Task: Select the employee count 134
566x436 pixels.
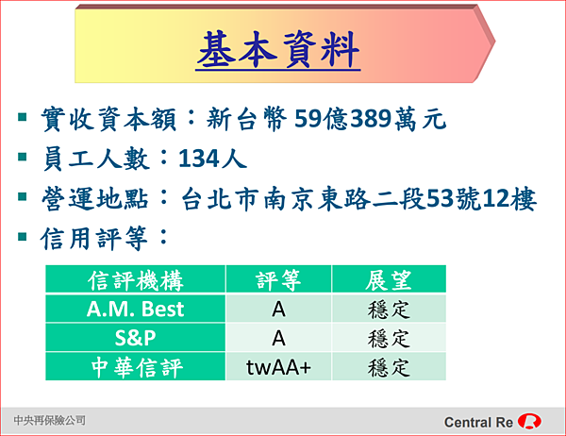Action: [199, 159]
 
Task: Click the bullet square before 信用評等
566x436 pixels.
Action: [23, 236]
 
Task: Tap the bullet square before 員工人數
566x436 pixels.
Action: [23, 157]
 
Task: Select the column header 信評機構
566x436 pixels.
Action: [135, 280]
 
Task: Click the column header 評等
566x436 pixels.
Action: [278, 280]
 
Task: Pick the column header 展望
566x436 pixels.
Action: [389, 280]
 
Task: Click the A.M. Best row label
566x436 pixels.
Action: [135, 309]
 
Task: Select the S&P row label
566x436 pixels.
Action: [135, 338]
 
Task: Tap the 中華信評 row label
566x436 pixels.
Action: [137, 367]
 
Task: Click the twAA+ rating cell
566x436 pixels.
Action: [278, 367]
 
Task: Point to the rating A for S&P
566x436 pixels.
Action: [278, 338]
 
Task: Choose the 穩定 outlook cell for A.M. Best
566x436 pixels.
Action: [389, 310]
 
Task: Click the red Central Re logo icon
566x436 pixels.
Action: [529, 421]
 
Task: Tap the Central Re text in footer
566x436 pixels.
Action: [478, 422]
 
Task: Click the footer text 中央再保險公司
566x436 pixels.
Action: [49, 420]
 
